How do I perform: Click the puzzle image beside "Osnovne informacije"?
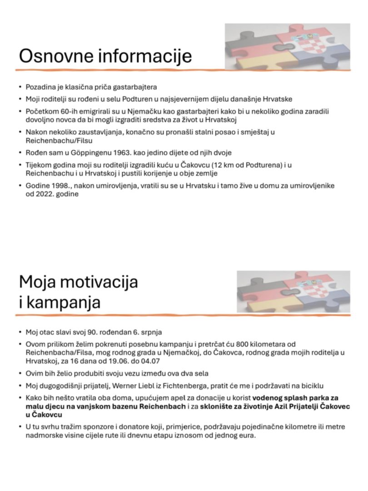tap(287, 46)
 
